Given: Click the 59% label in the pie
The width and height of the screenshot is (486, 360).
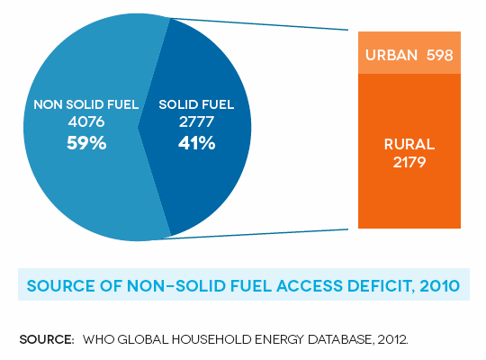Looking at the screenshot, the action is [x=86, y=143].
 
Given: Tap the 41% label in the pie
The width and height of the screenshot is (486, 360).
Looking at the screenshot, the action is [x=196, y=143].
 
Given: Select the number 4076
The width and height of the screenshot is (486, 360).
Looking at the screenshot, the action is [x=86, y=121].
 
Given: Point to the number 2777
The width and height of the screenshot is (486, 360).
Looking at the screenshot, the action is [x=196, y=121].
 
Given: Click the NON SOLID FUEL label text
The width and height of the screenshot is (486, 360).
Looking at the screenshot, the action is [x=86, y=104].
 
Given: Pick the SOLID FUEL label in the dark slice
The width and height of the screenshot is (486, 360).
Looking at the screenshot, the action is [x=196, y=104].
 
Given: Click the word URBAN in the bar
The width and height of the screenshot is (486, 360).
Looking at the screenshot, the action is [x=391, y=55].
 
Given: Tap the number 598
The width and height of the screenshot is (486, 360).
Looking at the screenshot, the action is [x=440, y=55].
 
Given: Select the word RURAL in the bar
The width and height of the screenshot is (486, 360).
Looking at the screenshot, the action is [x=409, y=144].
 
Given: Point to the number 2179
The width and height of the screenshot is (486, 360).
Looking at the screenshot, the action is [x=409, y=162].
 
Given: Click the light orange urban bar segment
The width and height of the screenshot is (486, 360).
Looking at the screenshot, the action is [x=409, y=53].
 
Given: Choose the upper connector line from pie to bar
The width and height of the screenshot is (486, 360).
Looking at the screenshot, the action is [x=259, y=24].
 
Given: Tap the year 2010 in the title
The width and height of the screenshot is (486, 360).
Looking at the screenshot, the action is [x=440, y=285].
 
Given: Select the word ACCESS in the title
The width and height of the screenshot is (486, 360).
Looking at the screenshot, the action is [x=310, y=285].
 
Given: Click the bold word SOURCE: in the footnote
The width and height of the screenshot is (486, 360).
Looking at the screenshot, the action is [x=47, y=339].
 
